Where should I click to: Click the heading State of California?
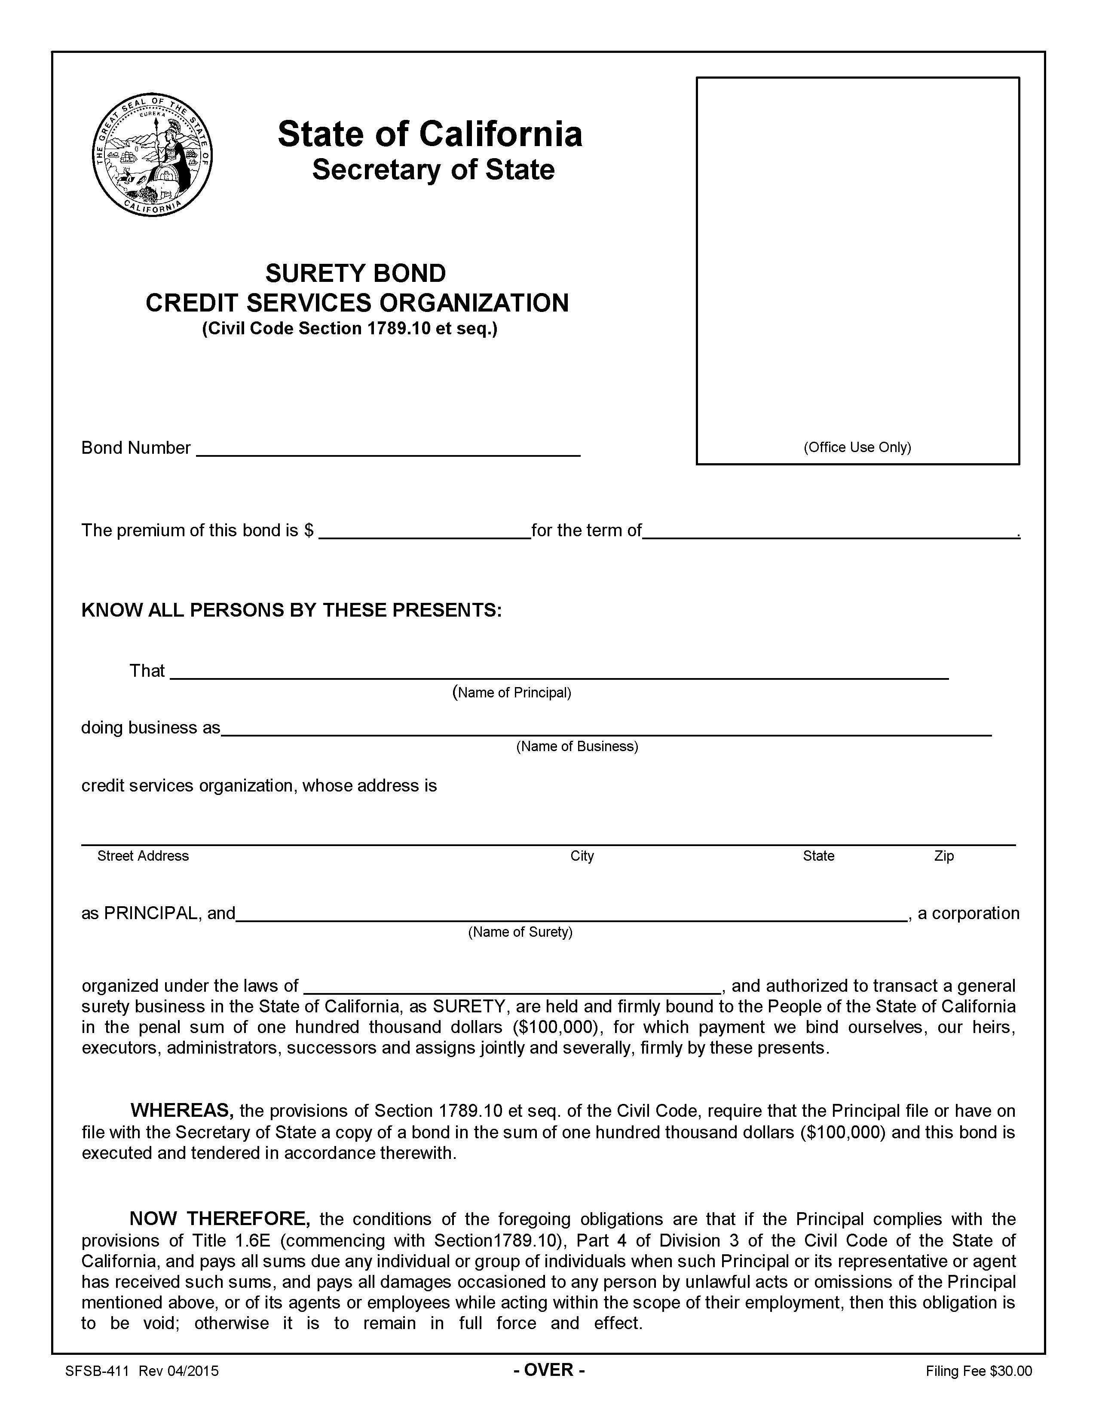tap(430, 134)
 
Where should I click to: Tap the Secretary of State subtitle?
tap(433, 170)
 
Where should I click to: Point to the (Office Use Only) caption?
tap(857, 447)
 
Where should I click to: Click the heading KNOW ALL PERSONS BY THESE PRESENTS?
tap(291, 610)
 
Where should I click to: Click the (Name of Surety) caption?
tap(520, 932)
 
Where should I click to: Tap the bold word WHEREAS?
tap(182, 1110)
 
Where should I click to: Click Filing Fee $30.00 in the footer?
tap(979, 1371)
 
